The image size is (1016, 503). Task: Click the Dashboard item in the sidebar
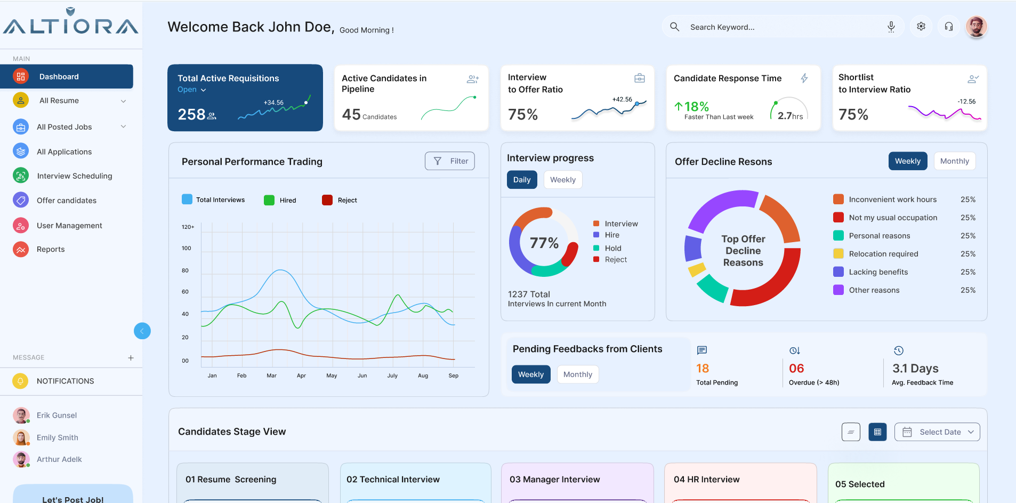tap(67, 76)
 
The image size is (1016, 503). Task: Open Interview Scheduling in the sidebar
tap(74, 176)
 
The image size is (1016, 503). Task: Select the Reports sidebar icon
tap(21, 249)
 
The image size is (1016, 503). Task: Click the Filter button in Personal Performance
tap(450, 161)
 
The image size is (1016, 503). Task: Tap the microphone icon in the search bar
tap(891, 27)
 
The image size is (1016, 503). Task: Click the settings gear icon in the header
tap(921, 27)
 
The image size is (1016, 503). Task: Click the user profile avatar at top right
tap(977, 27)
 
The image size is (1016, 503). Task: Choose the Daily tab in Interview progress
tap(522, 180)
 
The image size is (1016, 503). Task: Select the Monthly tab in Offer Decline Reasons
tap(955, 161)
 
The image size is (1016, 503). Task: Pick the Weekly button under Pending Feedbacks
tap(531, 374)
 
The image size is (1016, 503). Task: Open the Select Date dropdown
tap(937, 432)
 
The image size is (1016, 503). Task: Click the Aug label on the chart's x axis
tap(423, 376)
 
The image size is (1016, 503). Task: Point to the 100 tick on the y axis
tap(186, 248)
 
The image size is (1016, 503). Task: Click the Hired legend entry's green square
tap(269, 200)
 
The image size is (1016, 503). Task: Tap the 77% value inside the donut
tap(544, 243)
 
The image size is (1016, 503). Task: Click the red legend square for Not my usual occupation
tap(838, 218)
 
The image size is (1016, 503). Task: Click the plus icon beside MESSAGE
tap(131, 358)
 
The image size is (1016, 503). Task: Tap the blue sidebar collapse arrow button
tap(142, 331)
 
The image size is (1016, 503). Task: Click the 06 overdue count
tap(796, 368)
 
